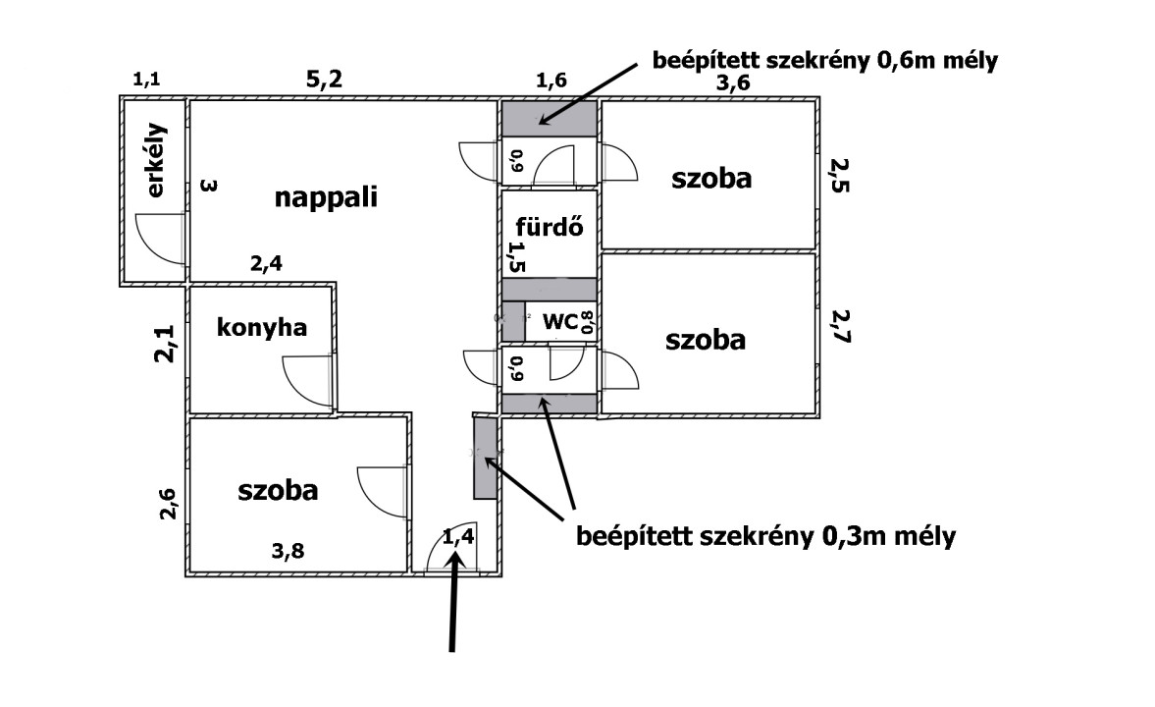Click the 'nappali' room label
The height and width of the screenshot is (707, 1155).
pyautogui.click(x=326, y=197)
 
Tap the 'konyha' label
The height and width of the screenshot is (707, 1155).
pyautogui.click(x=262, y=327)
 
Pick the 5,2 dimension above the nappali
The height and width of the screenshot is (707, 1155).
pyautogui.click(x=324, y=81)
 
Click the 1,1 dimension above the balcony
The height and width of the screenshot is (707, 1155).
pyautogui.click(x=148, y=81)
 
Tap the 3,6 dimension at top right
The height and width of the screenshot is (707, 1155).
pyautogui.click(x=732, y=83)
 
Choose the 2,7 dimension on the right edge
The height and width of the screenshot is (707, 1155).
pyautogui.click(x=840, y=326)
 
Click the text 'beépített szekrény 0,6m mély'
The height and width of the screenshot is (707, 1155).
pyautogui.click(x=824, y=61)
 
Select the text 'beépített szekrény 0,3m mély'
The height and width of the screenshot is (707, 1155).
pyautogui.click(x=766, y=537)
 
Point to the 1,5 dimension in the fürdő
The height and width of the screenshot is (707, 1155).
pyautogui.click(x=513, y=257)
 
